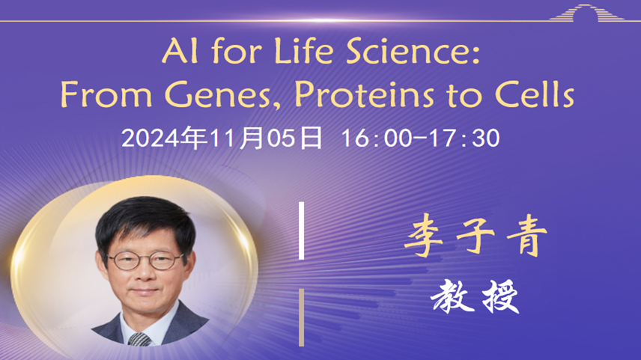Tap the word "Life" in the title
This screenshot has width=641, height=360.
tap(304, 50)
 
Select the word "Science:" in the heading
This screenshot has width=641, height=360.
tap(413, 51)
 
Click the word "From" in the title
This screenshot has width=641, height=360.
tap(106, 94)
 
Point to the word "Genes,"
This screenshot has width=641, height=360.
tap(223, 95)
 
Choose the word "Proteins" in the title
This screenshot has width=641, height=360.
tap(364, 94)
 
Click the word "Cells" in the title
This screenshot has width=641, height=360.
tap(535, 94)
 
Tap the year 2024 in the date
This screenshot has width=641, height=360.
tap(151, 138)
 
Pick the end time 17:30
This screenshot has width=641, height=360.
tap(465, 138)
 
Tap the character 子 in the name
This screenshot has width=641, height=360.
tap(476, 237)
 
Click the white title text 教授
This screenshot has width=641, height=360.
tap(475, 296)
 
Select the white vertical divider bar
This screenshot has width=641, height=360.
tap(302, 231)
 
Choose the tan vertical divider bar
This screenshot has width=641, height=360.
tap(302, 317)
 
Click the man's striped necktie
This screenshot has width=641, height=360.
tap(139, 339)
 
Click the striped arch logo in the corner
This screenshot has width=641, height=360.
tap(587, 12)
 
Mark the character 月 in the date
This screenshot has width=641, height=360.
tap(252, 138)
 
